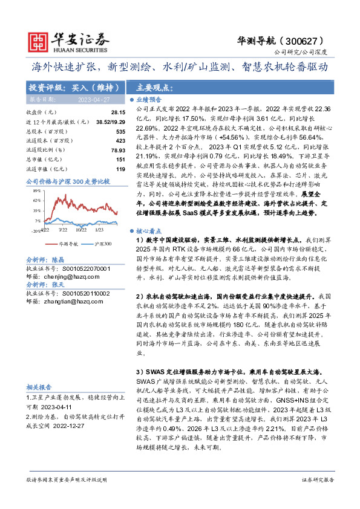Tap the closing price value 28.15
pos(117,112)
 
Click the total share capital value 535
pos(120,131)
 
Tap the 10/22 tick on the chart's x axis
pos(80,229)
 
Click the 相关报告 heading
pos(40,387)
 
